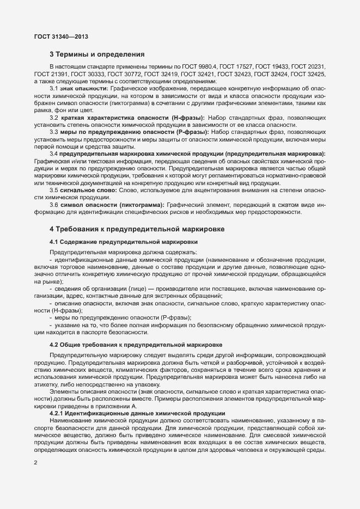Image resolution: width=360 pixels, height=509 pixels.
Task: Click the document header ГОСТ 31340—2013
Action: coord(61,37)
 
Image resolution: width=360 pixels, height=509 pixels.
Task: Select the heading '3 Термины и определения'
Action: coord(97,54)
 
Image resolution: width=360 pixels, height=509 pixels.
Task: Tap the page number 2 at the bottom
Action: coord(35,463)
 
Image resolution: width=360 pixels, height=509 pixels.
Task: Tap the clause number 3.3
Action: coord(54,132)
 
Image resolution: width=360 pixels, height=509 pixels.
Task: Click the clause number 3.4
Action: coord(54,155)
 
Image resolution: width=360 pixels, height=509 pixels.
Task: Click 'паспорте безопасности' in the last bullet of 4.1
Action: coord(108,332)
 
